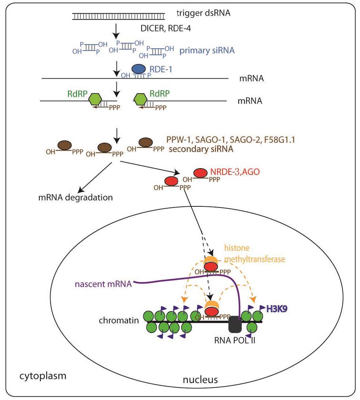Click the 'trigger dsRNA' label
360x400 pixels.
203,14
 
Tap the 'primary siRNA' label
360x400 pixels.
207,50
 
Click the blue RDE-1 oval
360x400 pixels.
139,68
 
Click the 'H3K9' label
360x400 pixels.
276,308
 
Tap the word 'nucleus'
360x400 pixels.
200,380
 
